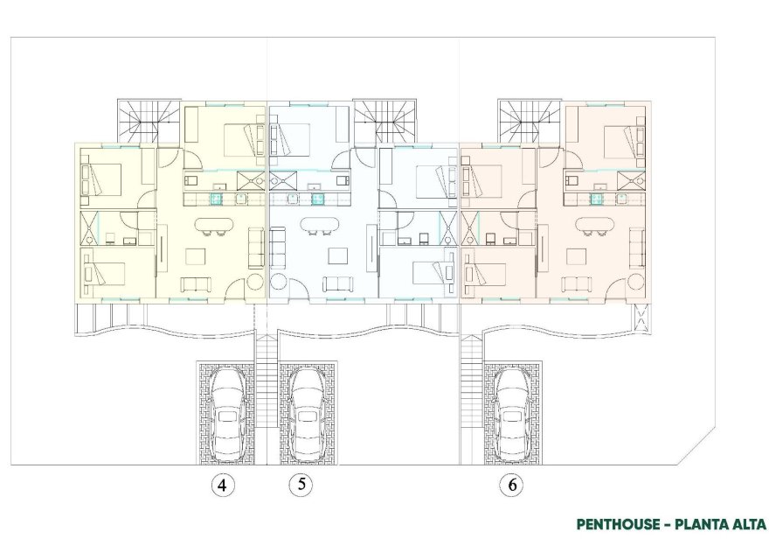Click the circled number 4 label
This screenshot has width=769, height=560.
tap(225, 486)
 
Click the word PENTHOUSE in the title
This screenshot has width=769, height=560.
tap(617, 524)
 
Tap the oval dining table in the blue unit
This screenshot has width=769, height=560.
tap(321, 226)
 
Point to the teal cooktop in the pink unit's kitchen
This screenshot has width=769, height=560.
tap(598, 198)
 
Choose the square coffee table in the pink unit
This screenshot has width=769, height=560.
tap(577, 255)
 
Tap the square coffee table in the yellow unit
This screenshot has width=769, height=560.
tap(195, 255)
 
